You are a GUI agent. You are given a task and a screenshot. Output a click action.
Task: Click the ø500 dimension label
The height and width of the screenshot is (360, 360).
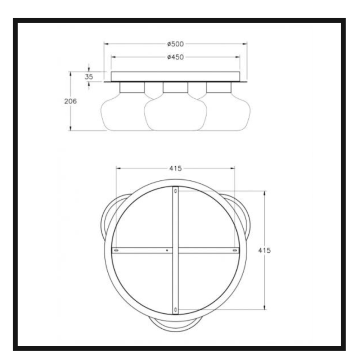(x=175, y=44)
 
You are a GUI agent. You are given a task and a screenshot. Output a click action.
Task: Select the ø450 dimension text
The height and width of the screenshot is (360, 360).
(x=175, y=57)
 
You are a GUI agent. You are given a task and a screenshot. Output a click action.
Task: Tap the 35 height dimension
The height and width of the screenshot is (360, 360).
(x=89, y=77)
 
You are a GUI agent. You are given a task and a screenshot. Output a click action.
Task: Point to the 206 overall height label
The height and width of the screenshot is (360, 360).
(x=70, y=101)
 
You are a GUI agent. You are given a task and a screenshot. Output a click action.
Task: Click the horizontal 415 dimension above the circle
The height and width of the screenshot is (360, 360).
(x=175, y=168)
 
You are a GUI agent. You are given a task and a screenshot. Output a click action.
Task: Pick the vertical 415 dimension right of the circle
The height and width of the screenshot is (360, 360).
(x=264, y=250)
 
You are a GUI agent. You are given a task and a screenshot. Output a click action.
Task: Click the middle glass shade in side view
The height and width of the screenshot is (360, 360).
(x=175, y=112)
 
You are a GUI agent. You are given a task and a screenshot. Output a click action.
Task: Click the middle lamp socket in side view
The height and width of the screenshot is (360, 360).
(x=175, y=87)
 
